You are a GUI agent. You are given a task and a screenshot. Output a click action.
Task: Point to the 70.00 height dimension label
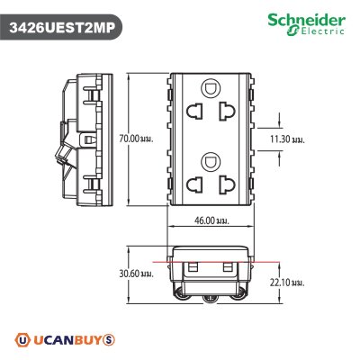(x=132, y=139)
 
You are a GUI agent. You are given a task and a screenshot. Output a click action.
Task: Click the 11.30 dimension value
(x=286, y=139)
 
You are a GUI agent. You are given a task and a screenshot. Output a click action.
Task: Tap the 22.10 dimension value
(x=287, y=282)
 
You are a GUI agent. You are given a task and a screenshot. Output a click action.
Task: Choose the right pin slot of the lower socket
(x=226, y=185)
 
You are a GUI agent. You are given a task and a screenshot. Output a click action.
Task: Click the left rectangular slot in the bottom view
(x=192, y=267)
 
